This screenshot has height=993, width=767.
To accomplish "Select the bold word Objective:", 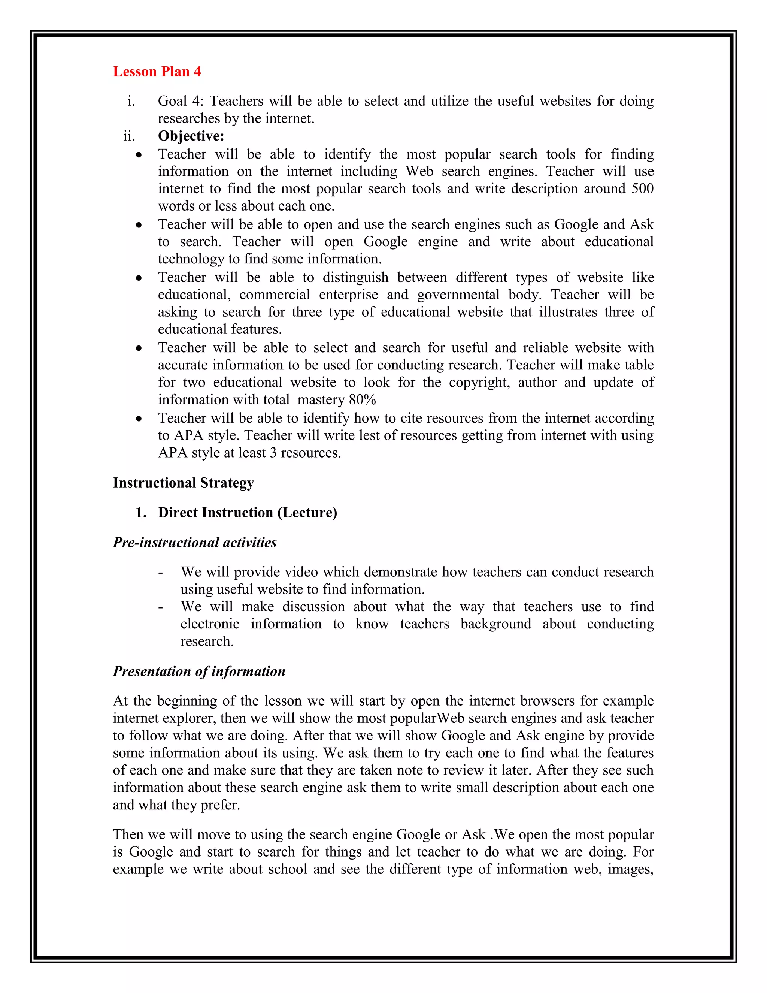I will (191, 136).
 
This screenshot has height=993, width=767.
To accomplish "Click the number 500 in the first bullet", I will (642, 189).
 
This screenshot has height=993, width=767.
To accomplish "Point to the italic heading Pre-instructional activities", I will (194, 543).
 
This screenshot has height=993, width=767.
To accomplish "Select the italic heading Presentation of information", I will (199, 671).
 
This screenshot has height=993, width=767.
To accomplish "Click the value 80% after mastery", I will (362, 400).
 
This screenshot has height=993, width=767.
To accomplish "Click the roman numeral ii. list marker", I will (129, 136).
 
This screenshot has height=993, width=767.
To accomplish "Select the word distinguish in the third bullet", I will (355, 277).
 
